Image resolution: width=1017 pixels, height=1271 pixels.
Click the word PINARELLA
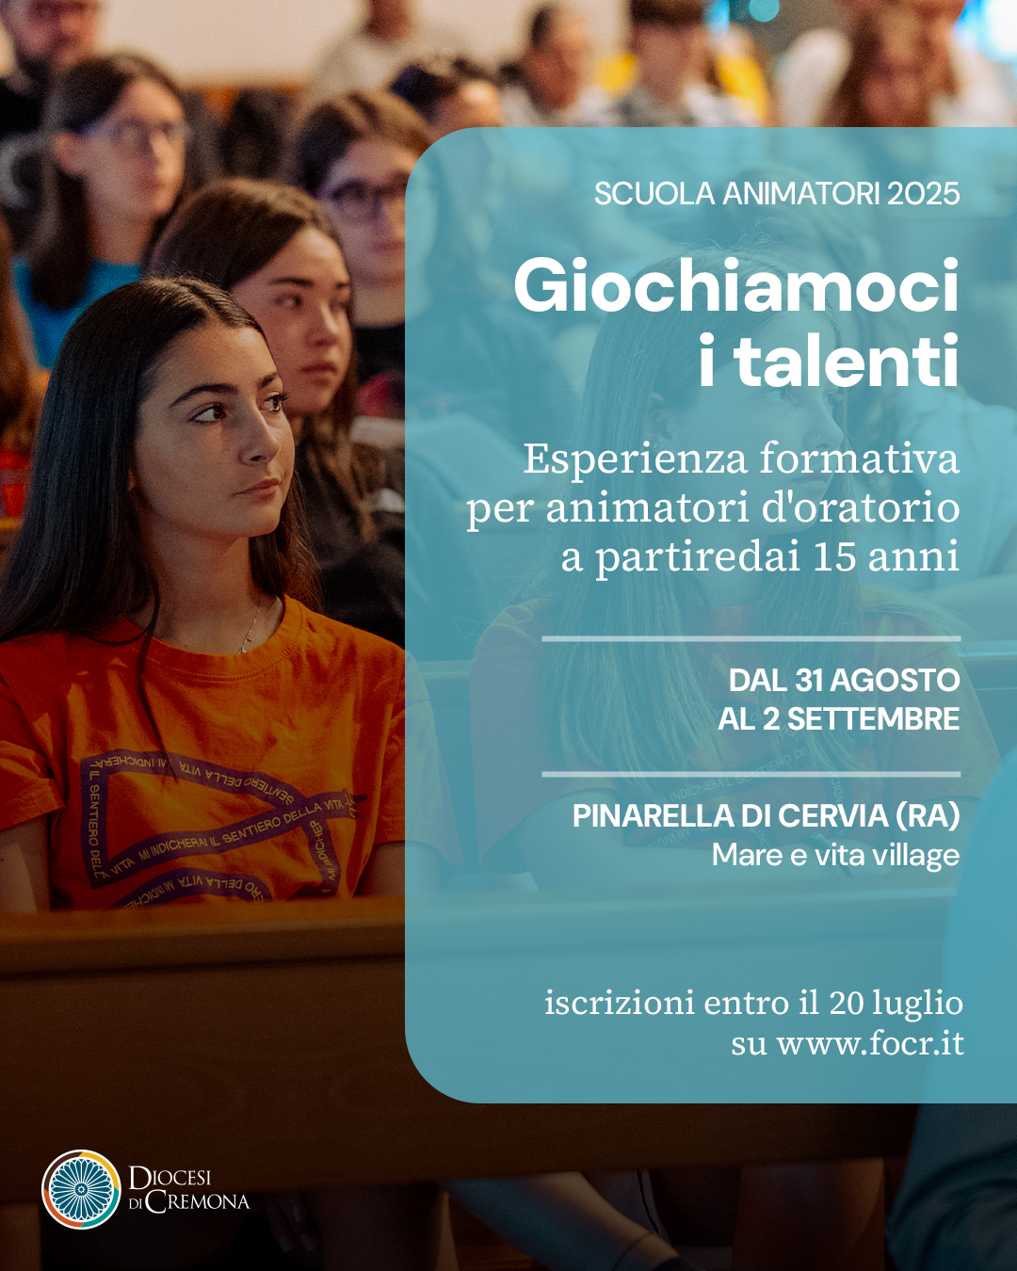coord(654,816)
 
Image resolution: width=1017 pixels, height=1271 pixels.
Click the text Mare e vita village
coord(835,855)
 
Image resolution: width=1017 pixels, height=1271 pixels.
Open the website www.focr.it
coord(870,1044)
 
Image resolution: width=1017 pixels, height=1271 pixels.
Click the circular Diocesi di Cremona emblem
coord(81,1188)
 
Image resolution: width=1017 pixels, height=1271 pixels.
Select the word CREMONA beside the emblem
coord(198,1201)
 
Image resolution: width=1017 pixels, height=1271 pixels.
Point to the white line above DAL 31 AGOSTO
coord(751,639)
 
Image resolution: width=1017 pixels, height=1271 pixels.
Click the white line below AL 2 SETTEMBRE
coord(751,774)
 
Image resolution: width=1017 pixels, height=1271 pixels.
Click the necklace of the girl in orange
coord(251,630)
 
